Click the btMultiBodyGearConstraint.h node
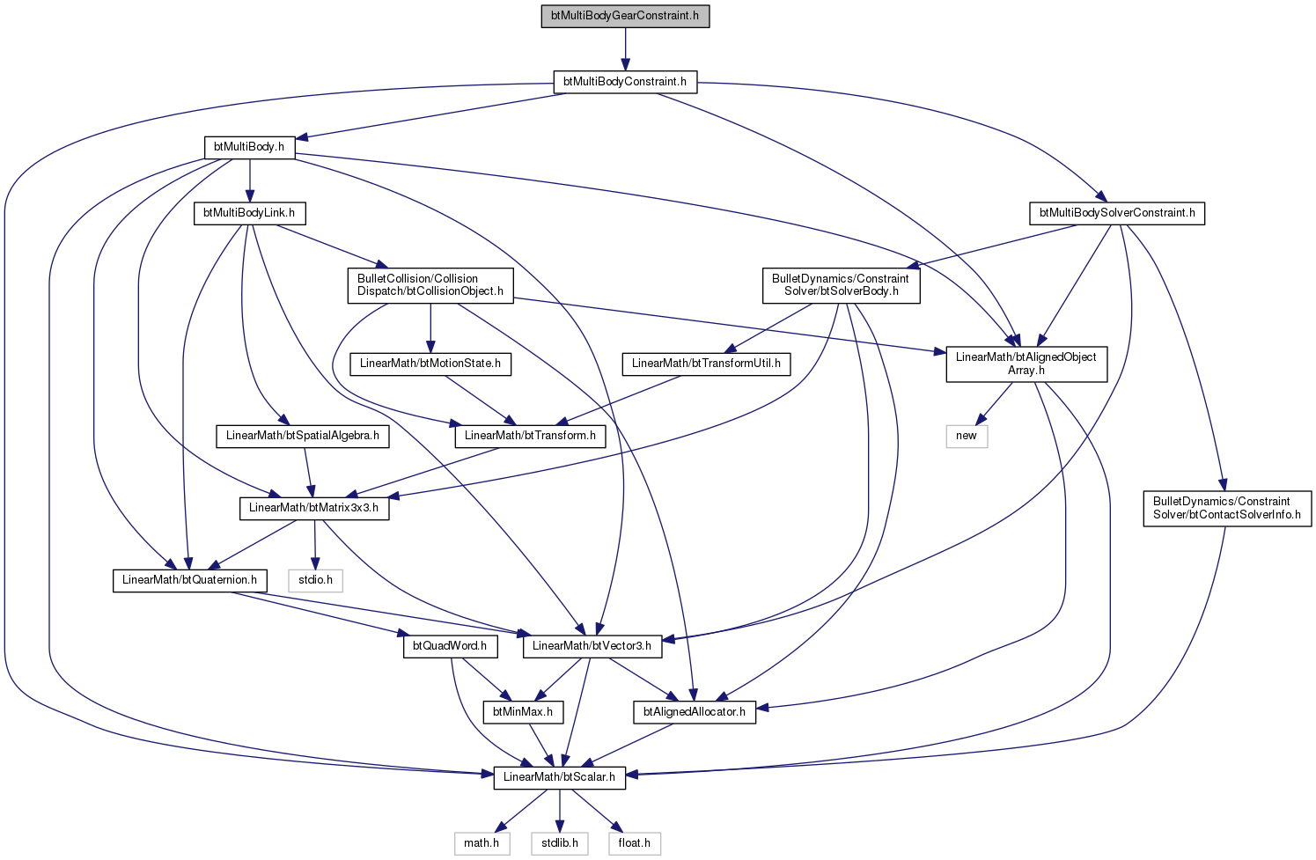tap(625, 16)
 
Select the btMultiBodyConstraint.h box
tap(625, 82)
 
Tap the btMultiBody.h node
tap(249, 147)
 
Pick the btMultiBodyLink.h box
tap(249, 213)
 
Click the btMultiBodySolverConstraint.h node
tap(1117, 213)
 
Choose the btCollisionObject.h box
tap(430, 285)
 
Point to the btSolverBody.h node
tap(841, 285)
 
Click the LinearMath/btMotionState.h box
tap(430, 364)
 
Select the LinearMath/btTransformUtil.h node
tap(706, 364)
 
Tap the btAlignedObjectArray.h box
tap(1026, 364)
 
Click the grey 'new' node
tap(967, 436)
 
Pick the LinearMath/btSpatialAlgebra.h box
tap(303, 436)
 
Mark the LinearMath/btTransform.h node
tap(530, 436)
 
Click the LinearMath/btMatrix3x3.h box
tap(313, 508)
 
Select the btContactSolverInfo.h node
tap(1227, 508)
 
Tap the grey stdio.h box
tap(315, 580)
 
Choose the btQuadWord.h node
tap(450, 647)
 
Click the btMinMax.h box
tap(523, 712)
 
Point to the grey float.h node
tap(635, 843)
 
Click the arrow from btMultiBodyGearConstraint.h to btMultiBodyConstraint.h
tap(625, 48)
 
